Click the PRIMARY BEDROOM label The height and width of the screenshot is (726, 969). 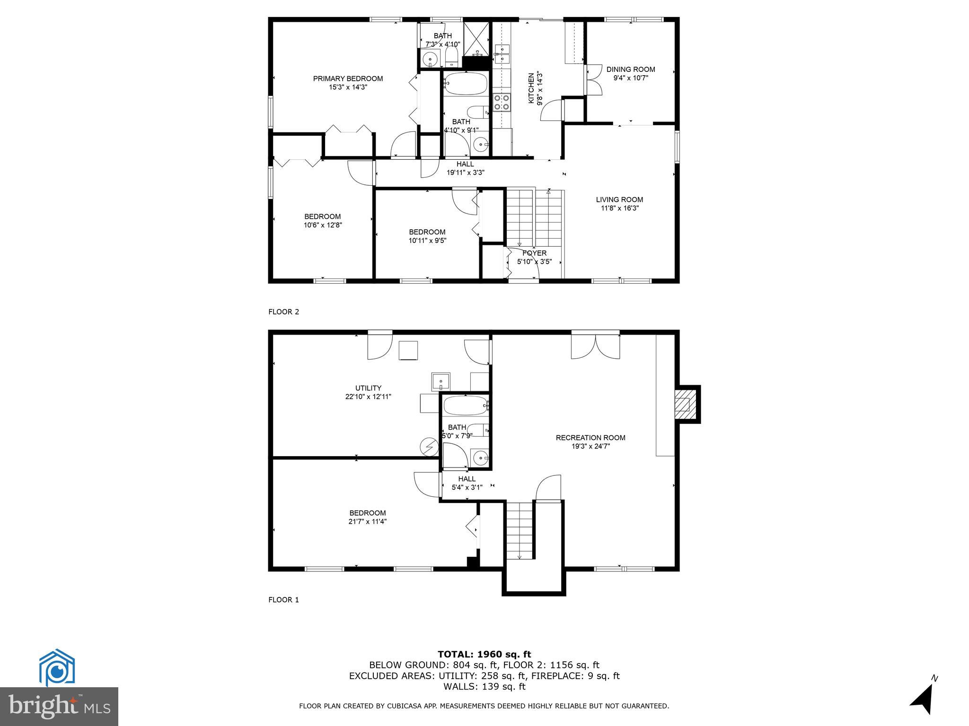pyautogui.click(x=348, y=78)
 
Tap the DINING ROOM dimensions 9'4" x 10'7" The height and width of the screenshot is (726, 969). pyautogui.click(x=630, y=78)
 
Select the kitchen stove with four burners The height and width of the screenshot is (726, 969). pyautogui.click(x=502, y=103)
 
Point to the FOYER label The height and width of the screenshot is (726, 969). pyautogui.click(x=534, y=253)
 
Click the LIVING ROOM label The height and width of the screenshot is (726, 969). pyautogui.click(x=619, y=199)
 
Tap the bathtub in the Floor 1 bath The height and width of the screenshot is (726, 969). pyautogui.click(x=465, y=405)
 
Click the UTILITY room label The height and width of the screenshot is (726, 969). pyautogui.click(x=368, y=388)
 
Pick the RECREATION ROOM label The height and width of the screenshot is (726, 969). pyautogui.click(x=590, y=438)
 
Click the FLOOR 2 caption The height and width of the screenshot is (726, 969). pyautogui.click(x=283, y=312)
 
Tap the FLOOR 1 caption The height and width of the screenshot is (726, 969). pyautogui.click(x=283, y=600)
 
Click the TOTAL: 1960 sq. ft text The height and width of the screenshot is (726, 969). pyautogui.click(x=484, y=655)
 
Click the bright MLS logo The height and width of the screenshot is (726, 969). pyautogui.click(x=59, y=707)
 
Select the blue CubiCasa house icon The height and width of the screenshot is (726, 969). pyautogui.click(x=57, y=667)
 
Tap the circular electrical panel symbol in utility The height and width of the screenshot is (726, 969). pyautogui.click(x=429, y=447)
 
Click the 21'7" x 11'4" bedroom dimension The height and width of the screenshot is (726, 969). pyautogui.click(x=368, y=522)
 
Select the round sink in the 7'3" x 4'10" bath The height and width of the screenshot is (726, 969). pyautogui.click(x=430, y=60)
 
